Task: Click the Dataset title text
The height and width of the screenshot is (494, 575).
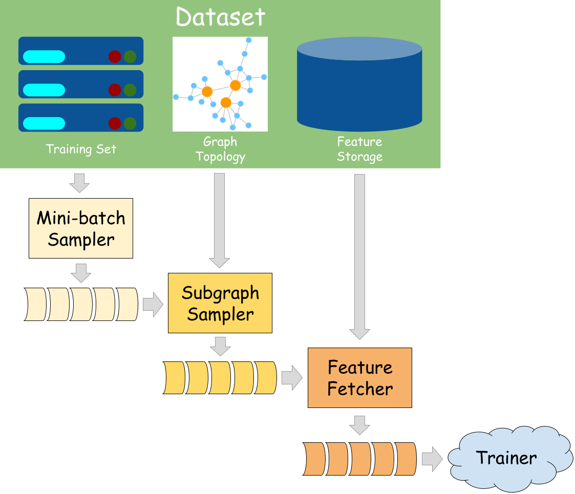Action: (x=220, y=16)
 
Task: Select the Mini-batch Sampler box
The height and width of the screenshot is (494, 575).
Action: (x=81, y=228)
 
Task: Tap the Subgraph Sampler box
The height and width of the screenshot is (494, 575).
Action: (x=220, y=303)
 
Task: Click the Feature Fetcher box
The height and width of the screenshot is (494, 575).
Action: (x=360, y=378)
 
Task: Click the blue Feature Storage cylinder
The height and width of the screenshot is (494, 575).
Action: (x=359, y=84)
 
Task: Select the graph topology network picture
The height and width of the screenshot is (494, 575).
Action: (x=220, y=84)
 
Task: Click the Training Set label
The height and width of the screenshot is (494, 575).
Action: (x=81, y=149)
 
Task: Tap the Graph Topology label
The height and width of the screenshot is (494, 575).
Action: (x=220, y=149)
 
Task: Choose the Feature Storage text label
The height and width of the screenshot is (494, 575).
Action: (x=359, y=149)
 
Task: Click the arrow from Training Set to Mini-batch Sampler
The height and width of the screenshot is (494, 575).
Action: (x=79, y=183)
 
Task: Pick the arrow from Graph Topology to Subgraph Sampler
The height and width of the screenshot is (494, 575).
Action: (x=220, y=220)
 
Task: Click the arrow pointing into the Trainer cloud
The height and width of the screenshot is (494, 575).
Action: (x=432, y=459)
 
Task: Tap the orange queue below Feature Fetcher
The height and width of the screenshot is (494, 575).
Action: (x=360, y=459)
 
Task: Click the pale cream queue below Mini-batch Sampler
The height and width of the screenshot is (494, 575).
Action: (x=81, y=304)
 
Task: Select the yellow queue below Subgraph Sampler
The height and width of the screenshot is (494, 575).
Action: (x=220, y=378)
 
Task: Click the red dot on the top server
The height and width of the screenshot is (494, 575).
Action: (x=115, y=56)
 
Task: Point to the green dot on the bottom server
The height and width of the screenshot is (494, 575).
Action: (x=130, y=123)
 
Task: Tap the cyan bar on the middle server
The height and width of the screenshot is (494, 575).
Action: (x=44, y=90)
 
